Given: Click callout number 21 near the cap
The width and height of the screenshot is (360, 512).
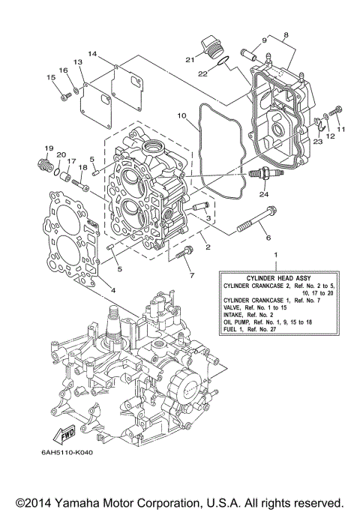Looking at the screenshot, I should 190,58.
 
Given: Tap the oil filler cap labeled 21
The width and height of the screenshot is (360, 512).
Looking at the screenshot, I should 211,46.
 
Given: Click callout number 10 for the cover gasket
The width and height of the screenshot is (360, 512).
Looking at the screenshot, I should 181,116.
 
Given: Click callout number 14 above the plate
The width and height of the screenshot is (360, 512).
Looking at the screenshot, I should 91,54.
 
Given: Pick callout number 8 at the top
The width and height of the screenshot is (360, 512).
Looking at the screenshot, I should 285,35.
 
